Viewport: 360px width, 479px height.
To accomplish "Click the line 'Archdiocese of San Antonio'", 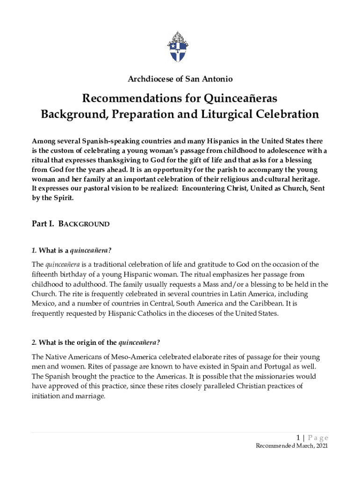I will pos(180,80).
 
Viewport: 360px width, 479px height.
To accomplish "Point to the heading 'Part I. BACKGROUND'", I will pos(71,224).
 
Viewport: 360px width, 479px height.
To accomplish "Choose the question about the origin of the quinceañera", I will pos(96,342).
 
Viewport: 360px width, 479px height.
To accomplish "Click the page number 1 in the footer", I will pos(297,438).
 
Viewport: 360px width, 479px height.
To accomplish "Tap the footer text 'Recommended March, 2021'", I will pos(292,446).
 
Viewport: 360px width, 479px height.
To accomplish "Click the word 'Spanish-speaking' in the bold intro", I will pos(105,141).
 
